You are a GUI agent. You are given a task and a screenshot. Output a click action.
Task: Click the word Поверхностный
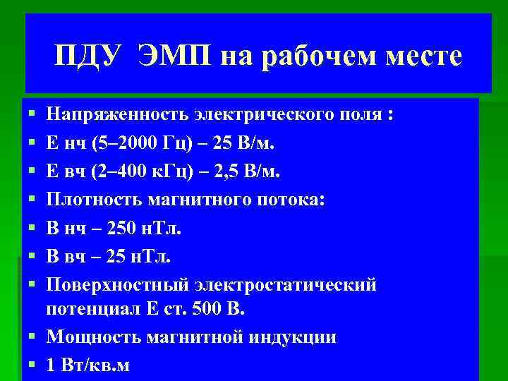[119, 285]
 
